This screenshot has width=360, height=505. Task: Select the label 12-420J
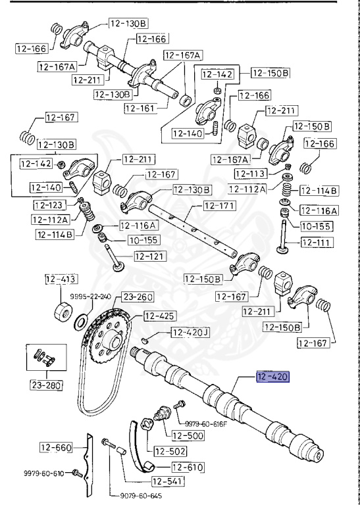[x=190, y=333]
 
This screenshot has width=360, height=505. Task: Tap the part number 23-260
[x=138, y=297]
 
